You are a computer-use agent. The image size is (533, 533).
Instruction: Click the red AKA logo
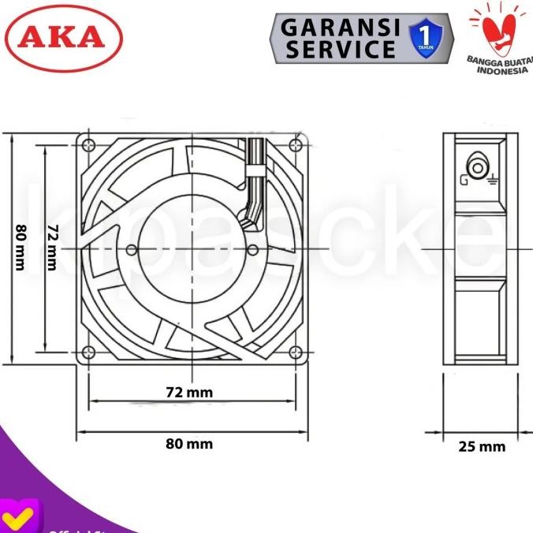tap(64, 38)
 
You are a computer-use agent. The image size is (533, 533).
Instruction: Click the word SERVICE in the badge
tap(340, 49)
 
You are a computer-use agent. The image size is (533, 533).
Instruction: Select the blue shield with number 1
tap(426, 39)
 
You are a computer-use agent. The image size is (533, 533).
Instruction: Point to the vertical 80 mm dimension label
tap(20, 248)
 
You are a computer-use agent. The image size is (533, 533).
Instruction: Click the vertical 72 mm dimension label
tap(52, 248)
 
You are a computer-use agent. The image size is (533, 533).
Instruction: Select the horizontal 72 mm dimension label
tap(189, 392)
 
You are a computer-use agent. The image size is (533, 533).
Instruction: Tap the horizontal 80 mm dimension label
tap(189, 444)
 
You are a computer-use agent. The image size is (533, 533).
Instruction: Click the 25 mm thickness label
tap(482, 447)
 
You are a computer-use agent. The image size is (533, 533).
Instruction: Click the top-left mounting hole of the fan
tap(88, 145)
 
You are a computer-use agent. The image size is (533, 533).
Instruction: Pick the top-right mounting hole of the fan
tap(296, 145)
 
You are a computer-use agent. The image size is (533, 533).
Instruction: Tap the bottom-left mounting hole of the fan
tap(88, 352)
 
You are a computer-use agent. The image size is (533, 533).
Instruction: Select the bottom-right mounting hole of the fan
tap(296, 352)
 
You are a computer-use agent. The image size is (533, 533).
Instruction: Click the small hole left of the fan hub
tap(132, 248)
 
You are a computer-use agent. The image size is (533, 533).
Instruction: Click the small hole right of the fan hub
tap(253, 248)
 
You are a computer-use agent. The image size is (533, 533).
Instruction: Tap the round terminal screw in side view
tap(478, 167)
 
